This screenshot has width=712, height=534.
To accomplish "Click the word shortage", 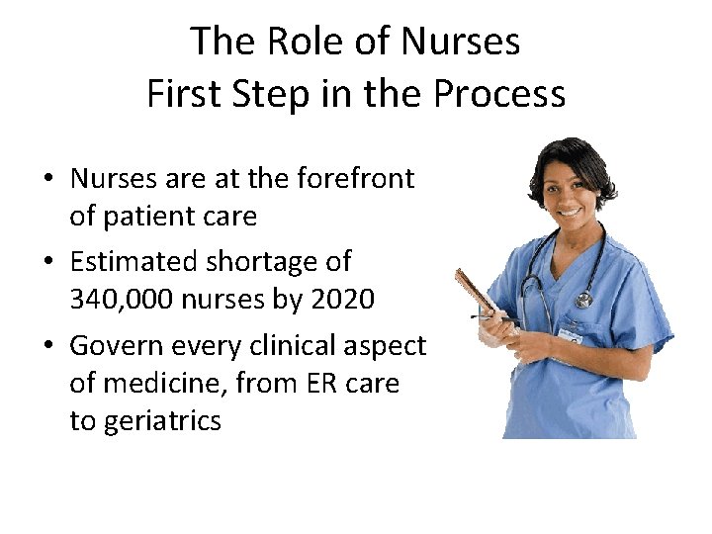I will pyautogui.click(x=259, y=262).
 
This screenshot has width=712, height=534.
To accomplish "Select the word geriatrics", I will pyautogui.click(x=145, y=421).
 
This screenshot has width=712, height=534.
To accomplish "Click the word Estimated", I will pyautogui.click(x=133, y=262).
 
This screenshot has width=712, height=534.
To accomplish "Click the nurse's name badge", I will pyautogui.click(x=570, y=334).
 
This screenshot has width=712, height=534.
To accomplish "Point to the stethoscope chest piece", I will pyautogui.click(x=584, y=300).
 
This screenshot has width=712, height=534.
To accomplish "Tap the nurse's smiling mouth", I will pyautogui.click(x=572, y=212).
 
